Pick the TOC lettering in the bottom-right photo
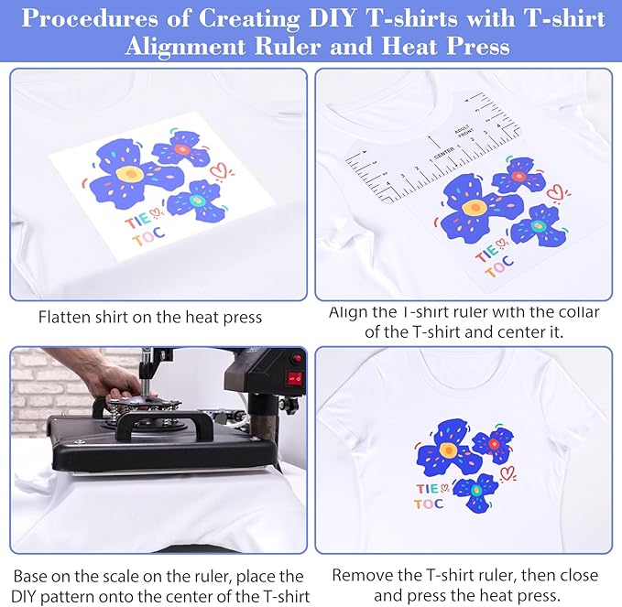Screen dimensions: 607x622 pyautogui.click(x=428, y=504)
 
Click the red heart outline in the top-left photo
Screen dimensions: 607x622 pyautogui.click(x=218, y=169)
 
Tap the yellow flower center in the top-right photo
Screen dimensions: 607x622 pyautogui.click(x=474, y=208)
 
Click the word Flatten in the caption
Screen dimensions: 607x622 pyautogui.click(x=66, y=318)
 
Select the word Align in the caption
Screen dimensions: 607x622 pyautogui.click(x=348, y=312)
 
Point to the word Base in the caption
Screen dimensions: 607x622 pyautogui.click(x=33, y=576)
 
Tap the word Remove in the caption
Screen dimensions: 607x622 pyautogui.click(x=361, y=576)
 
